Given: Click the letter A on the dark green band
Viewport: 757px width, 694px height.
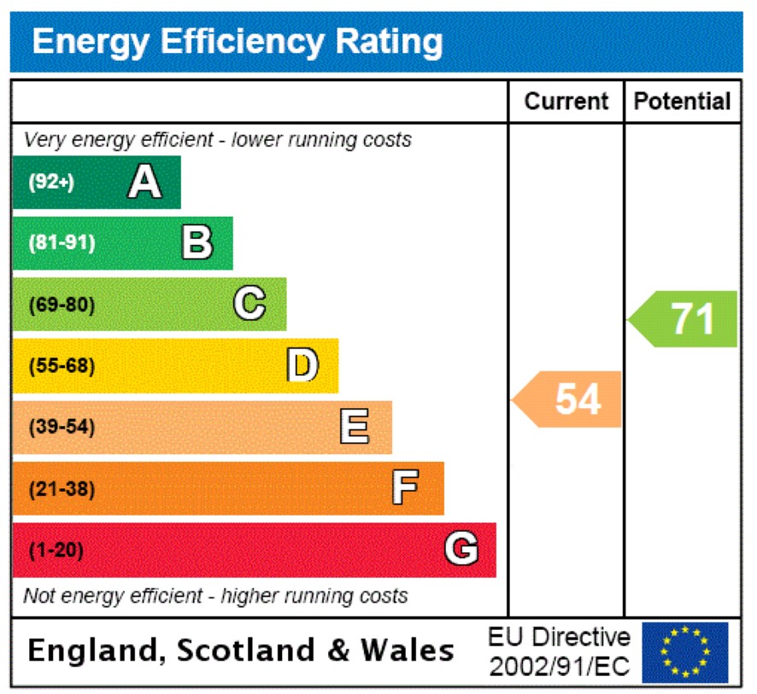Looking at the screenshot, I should point(144,182).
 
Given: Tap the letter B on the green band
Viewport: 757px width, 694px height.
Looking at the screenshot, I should point(197,243).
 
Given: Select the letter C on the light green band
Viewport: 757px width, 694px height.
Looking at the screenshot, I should point(249,304).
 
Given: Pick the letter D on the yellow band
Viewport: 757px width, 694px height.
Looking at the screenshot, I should point(302,365).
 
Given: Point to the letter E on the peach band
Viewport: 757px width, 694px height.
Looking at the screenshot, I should point(355,427).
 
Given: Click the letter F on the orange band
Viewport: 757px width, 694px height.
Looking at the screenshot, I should point(406,488).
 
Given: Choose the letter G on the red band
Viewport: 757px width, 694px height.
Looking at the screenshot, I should point(461,550).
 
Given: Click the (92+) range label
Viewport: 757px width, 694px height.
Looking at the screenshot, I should point(52,182).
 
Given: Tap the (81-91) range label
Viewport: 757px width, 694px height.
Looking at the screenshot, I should point(62,243).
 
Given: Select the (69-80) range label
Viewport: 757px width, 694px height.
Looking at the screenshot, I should point(62,305).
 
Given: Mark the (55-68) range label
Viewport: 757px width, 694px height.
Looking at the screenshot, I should point(62,366).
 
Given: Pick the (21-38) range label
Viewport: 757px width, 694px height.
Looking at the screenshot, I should point(62,489).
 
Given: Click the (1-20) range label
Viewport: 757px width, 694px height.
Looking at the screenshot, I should point(56,551).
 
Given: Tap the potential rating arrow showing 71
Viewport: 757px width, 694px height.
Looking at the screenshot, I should point(684,319).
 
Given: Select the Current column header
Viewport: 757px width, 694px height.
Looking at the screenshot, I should point(566,102).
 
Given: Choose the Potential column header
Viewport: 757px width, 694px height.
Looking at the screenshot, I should point(683,102).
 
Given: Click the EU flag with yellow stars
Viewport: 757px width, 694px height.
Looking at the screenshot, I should point(685,652).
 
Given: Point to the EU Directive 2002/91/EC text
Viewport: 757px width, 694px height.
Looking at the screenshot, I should point(560,651).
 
